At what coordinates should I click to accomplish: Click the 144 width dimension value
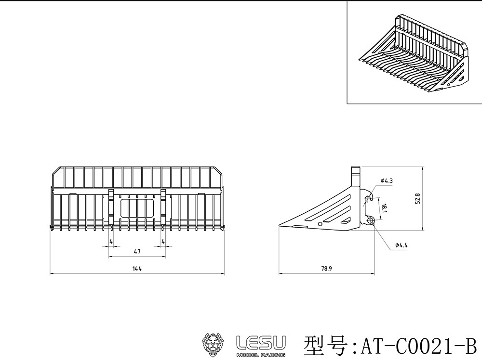137,269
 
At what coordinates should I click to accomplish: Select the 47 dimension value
137,252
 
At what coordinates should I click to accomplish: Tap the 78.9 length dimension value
327,269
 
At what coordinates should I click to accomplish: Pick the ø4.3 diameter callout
387,180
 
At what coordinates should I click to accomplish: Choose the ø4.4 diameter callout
401,245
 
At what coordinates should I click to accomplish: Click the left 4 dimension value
111,241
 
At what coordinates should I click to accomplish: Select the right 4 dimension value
163,241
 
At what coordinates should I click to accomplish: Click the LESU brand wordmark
260,342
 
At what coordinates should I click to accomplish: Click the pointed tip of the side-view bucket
281,226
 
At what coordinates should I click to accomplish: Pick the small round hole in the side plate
320,224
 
